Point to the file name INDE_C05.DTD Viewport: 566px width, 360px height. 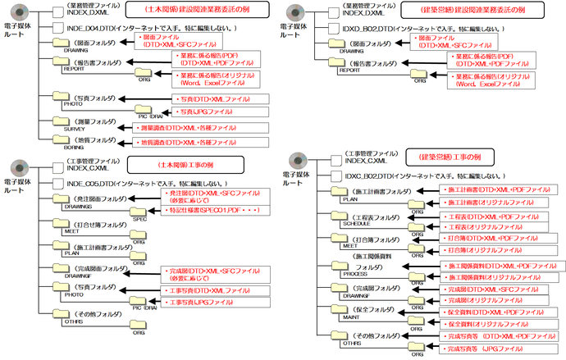click(x=91, y=183)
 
